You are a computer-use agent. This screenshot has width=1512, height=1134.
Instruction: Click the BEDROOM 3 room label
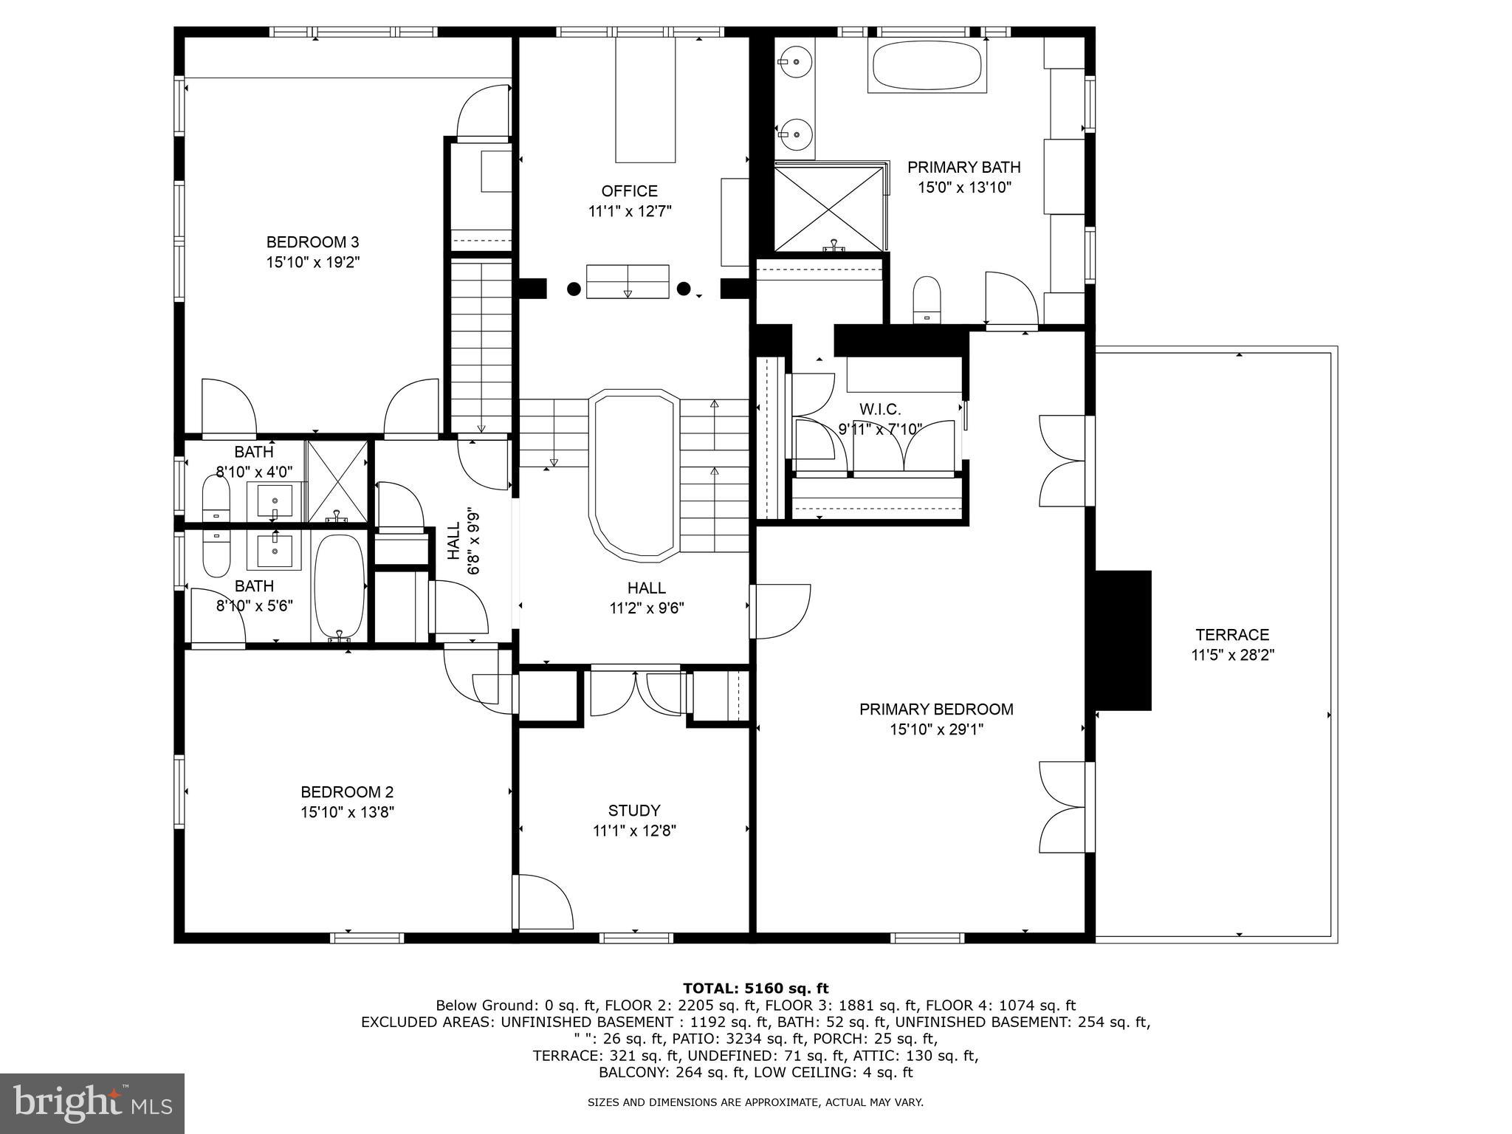312,242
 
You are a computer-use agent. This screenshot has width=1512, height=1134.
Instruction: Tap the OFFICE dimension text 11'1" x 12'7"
630,212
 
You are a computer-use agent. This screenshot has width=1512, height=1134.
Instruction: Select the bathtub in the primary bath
927,66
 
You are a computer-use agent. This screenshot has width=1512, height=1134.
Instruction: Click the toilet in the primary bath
927,299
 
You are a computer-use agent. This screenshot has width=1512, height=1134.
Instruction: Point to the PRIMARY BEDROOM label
936,709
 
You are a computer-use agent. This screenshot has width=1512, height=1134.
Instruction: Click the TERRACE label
1232,635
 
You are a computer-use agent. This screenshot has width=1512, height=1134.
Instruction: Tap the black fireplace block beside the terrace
1123,640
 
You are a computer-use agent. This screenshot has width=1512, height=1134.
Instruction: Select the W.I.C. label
880,409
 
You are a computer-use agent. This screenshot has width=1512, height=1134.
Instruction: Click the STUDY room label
634,811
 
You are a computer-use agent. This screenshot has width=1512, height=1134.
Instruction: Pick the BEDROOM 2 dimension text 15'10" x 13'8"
347,813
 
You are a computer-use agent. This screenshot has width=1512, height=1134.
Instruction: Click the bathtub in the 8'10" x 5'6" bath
340,587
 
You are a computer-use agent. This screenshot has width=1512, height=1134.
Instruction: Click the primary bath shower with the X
828,208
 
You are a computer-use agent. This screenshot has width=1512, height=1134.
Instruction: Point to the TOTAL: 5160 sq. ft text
755,989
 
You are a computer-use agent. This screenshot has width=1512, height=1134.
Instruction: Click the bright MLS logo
92,1104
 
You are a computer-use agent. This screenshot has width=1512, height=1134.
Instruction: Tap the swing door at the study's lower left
543,902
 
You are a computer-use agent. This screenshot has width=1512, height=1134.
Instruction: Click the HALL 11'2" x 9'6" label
647,598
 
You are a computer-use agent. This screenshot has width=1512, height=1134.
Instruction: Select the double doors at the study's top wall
636,693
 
